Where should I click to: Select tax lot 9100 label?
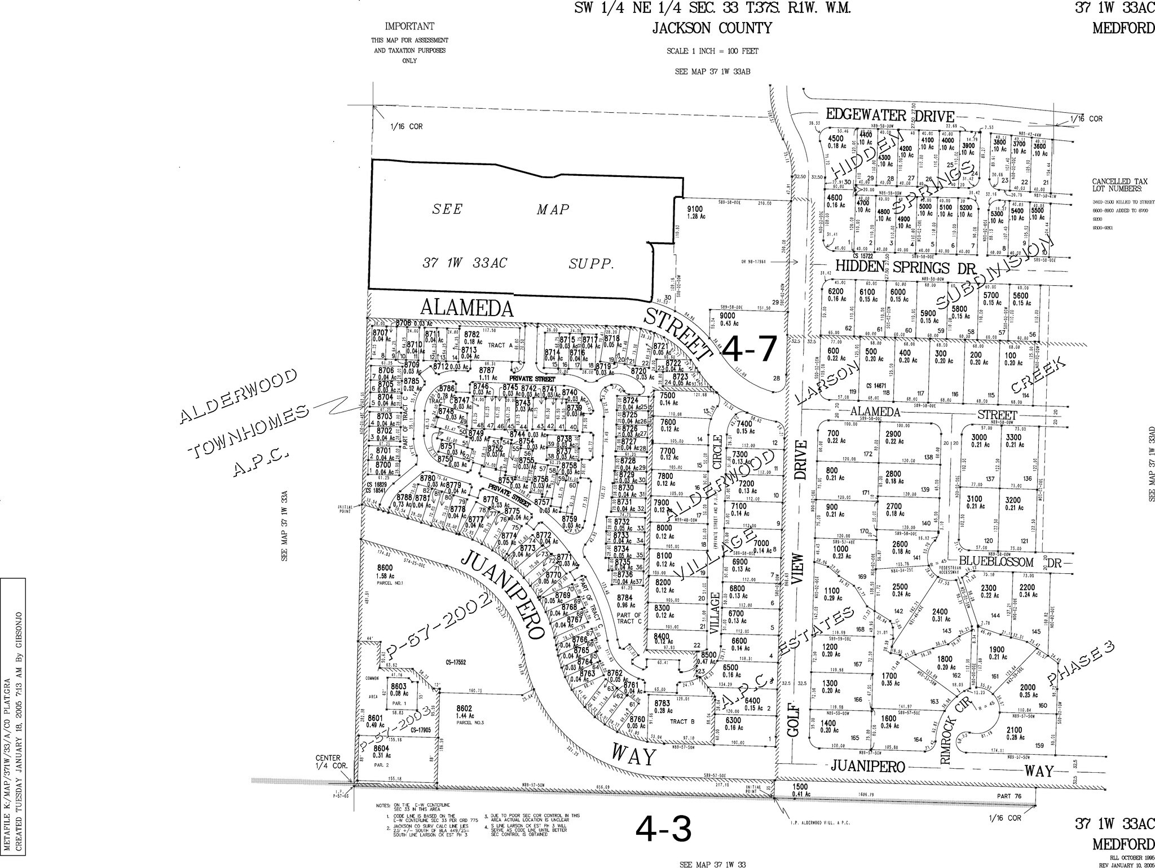695,209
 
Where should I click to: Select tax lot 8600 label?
384,568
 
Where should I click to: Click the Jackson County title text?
712,28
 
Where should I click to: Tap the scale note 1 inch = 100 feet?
712,51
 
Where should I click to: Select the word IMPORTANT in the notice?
409,26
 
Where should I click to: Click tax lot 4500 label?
835,139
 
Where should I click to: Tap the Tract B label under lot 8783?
680,721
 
